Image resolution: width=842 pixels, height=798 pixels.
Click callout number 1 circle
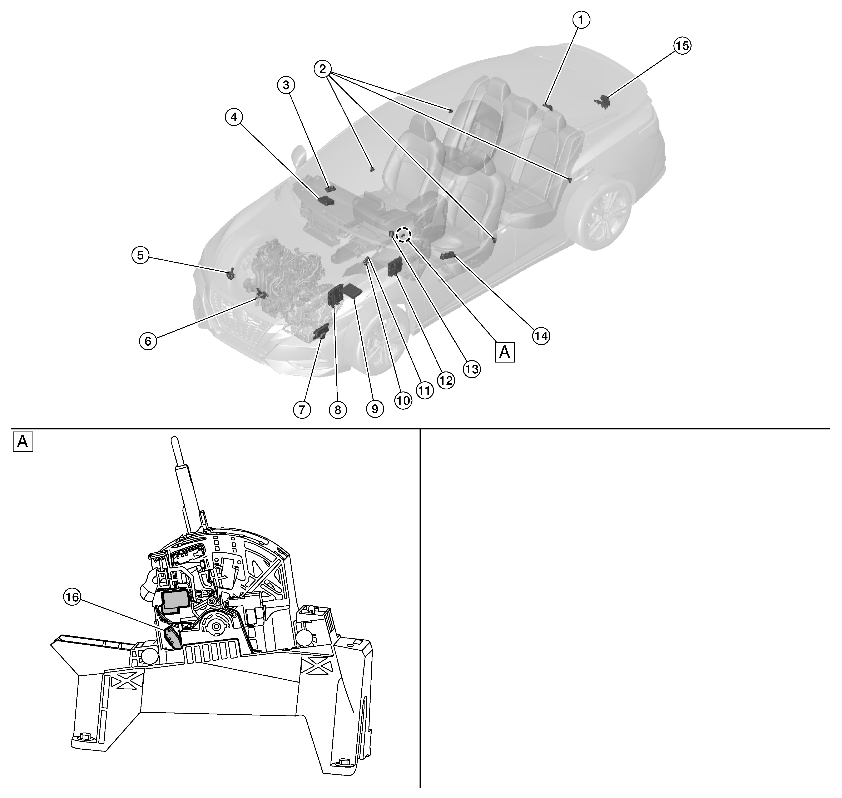click(581, 20)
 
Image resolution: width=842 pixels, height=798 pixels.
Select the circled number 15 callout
click(682, 45)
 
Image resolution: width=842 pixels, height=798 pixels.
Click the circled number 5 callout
click(140, 255)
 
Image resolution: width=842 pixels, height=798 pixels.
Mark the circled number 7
click(302, 410)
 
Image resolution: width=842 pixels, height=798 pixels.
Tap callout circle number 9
click(375, 409)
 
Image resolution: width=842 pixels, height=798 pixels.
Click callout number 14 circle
click(541, 336)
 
